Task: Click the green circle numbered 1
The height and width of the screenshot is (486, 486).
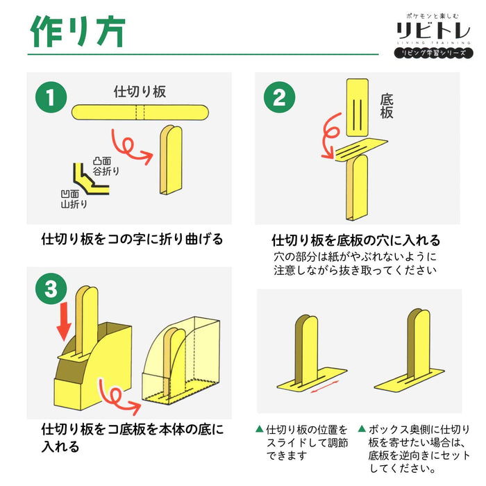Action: coord(51,97)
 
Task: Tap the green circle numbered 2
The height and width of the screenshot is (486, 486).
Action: coord(279,97)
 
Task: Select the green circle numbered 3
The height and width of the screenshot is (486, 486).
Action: coord(51,289)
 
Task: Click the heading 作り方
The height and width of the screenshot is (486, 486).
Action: coord(78,32)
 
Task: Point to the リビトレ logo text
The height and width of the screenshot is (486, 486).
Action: coord(433,31)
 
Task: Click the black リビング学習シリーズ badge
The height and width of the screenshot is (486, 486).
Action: coord(434,53)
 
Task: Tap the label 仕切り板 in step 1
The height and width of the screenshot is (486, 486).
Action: coord(140,92)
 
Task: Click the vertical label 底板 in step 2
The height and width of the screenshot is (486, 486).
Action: coord(387,106)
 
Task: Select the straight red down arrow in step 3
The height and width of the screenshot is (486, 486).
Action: coord(65,321)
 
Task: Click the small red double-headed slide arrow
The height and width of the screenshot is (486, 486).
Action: coord(325,387)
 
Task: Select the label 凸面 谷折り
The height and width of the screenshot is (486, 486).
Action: coord(106,166)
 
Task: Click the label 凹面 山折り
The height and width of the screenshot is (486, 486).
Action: coord(74,199)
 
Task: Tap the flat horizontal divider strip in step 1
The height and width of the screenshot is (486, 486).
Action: coord(140,112)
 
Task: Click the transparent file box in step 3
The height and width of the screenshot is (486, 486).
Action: coord(181,361)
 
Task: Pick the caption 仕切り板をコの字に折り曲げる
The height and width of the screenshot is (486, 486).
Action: coord(132,239)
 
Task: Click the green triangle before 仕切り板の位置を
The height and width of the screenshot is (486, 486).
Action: coord(260,428)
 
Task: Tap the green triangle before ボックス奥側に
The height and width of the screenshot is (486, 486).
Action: coord(362,428)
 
